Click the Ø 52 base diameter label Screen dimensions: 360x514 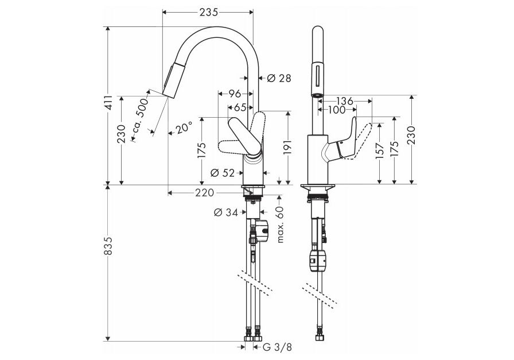point(222,172)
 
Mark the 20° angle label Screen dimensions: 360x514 point(184,127)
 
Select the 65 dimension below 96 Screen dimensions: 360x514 point(240,107)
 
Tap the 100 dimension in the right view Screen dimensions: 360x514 point(336,109)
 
